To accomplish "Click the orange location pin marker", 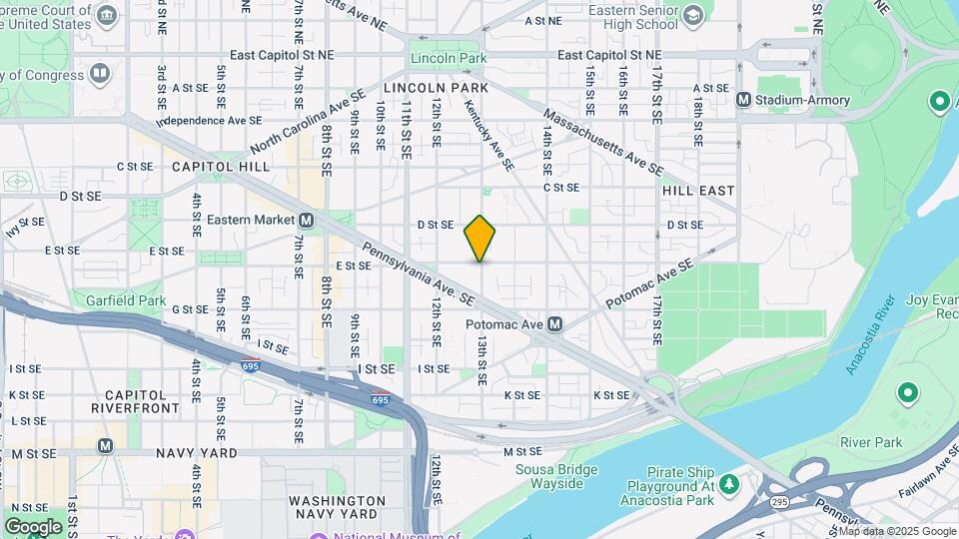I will coord(480,238).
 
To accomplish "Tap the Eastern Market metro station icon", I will coord(307,220).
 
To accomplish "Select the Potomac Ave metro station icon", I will coord(555,324).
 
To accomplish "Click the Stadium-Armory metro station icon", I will coord(743,100).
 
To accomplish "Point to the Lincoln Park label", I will coord(449,59).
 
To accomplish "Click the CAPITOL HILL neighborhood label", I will coord(221,167).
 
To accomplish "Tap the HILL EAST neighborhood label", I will coord(698,190).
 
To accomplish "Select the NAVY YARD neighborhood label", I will coord(197,453).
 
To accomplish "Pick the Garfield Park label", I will coord(126,300).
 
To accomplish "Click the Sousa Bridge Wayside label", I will coord(556,477).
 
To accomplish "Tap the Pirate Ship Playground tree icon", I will coord(730,483).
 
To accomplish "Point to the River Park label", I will coord(870,442).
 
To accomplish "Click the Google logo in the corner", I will coord(33,526).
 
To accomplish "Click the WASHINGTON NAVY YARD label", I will coord(337,507).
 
